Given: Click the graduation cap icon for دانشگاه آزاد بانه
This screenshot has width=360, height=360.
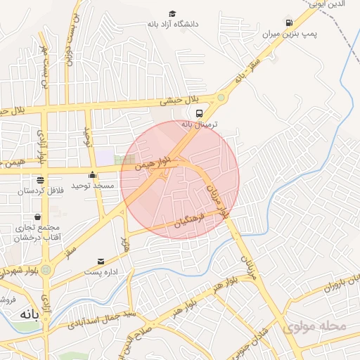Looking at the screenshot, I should pos(172,13).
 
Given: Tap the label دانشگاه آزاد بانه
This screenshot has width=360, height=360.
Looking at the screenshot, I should pos(172,25).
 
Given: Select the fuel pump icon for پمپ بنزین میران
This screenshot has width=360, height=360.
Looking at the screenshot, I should pos(288,22).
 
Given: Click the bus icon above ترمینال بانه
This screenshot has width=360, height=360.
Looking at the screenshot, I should pos(200,112).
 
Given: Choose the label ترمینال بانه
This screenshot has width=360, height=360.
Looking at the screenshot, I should pos(201,124).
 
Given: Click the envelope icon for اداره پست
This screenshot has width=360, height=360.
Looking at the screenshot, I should pos(101,261).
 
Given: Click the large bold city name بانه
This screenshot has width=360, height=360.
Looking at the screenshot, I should pos(26,318).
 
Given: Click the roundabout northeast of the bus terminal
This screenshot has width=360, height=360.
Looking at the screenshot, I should pos(223,98).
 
